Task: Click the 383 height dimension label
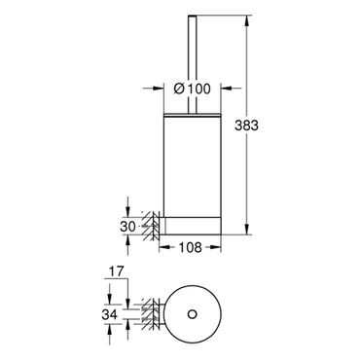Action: point(246,126)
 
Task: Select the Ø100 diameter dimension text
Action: point(192,89)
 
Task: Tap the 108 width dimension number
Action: point(190,247)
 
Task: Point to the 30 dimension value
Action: point(127,227)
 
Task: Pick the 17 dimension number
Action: point(116,271)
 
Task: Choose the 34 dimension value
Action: point(109,314)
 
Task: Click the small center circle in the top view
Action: point(192,314)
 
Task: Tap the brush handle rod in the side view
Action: point(192,64)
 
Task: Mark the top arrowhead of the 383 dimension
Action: point(247,20)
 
